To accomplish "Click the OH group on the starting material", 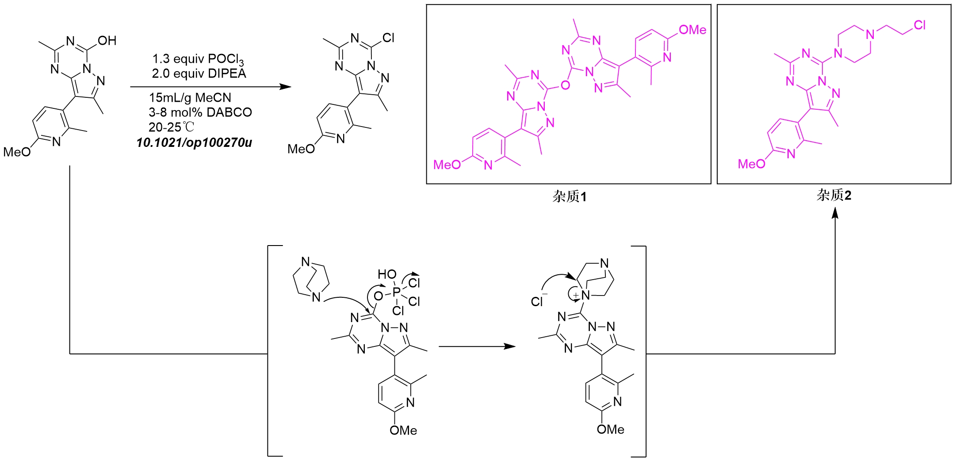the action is click(107, 41).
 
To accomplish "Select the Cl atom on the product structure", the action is click(389, 38).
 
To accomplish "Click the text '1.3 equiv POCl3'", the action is click(198, 59).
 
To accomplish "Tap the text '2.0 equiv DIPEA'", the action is click(199, 73).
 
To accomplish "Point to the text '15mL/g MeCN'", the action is click(190, 97).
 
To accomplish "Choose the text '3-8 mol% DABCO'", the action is click(200, 112).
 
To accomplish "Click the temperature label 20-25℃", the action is click(171, 127).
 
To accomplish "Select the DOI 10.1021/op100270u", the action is click(194, 143).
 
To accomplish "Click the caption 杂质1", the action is click(570, 196).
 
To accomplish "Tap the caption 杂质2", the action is click(834, 195).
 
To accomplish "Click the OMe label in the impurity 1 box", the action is click(692, 30).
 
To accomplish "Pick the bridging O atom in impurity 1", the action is click(565, 85).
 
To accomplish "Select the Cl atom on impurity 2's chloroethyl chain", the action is click(920, 25).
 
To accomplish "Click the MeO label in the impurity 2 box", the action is click(751, 164).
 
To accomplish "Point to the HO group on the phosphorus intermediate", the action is click(387, 275).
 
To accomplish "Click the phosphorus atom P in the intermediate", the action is click(396, 292).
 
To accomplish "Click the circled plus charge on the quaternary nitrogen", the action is click(575, 295).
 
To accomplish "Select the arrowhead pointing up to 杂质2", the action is click(835, 213).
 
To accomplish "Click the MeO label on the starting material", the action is click(17, 152).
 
